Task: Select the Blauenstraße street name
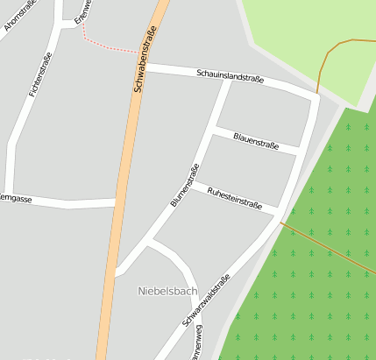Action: tap(256, 140)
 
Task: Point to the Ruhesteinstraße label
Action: tap(234, 199)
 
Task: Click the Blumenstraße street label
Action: tap(185, 185)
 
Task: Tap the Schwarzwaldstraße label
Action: tap(207, 300)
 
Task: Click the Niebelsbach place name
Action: tap(167, 290)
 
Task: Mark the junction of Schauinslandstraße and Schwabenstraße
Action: tap(143, 67)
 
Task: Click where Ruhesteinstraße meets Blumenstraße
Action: tap(195, 185)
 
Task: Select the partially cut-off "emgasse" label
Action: tap(16, 200)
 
